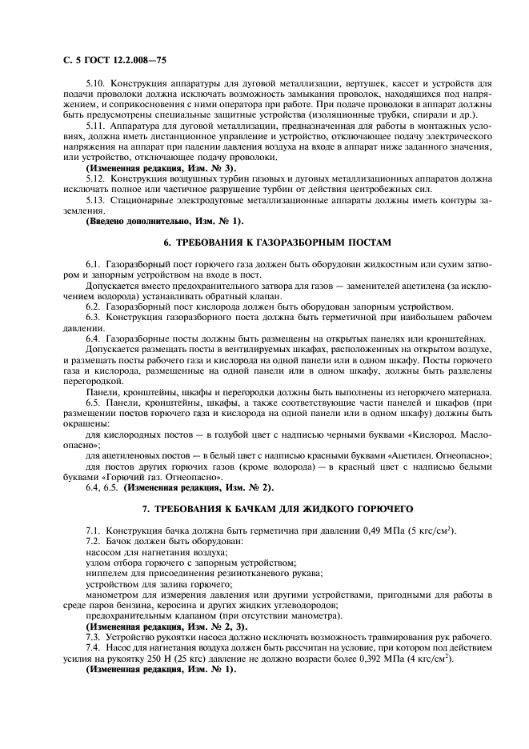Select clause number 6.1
click(x=94, y=262)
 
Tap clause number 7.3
click(x=94, y=636)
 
